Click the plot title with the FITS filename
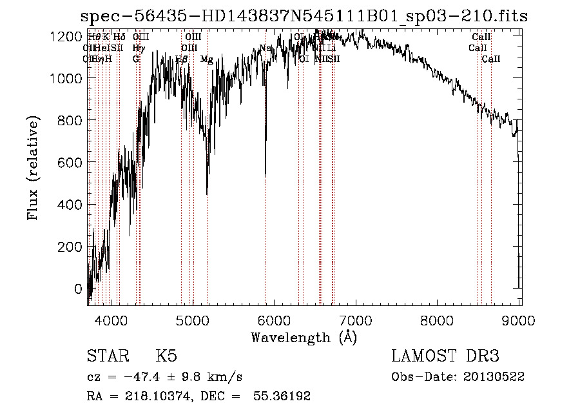303,16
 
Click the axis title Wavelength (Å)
304,337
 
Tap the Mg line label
206,59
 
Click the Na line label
266,48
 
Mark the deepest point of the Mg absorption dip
207,194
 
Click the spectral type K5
166,356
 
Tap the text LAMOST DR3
445,356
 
